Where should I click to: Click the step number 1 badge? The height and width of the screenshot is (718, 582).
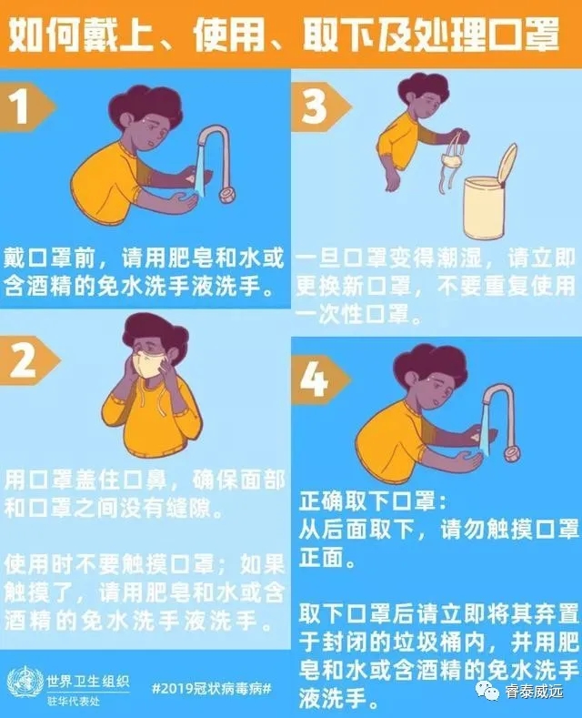click(x=25, y=107)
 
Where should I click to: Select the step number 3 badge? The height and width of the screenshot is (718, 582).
click(x=320, y=107)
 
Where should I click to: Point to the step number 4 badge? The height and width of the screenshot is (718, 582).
click(x=319, y=379)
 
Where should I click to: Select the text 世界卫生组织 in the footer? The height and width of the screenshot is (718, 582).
click(x=88, y=682)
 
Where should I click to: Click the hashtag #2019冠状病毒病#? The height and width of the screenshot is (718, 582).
click(x=212, y=688)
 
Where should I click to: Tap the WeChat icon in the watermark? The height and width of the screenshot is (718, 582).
click(x=488, y=690)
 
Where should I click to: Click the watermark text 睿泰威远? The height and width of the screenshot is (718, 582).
click(x=535, y=691)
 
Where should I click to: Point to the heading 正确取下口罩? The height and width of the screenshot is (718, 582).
click(x=373, y=501)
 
